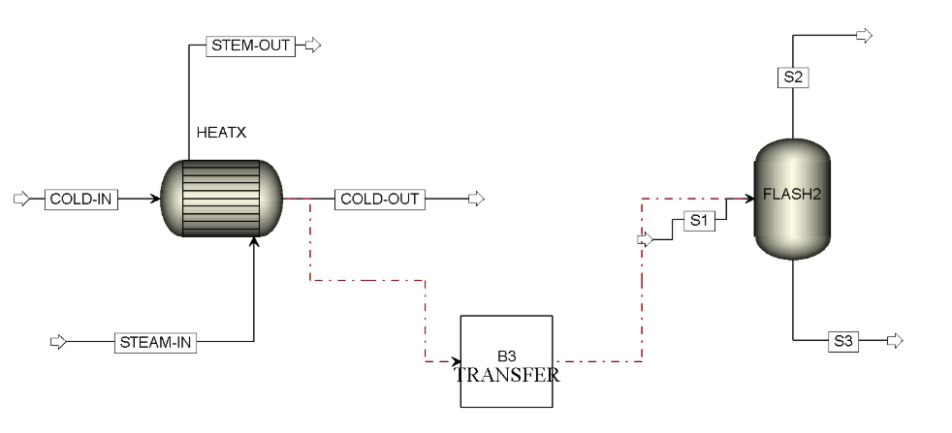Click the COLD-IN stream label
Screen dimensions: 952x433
(x=81, y=199)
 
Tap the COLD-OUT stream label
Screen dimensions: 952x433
(x=380, y=199)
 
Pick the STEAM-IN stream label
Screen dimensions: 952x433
(x=155, y=343)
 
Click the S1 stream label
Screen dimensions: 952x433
(x=699, y=222)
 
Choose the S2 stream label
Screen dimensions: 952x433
(x=793, y=77)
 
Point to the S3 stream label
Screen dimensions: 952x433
(x=843, y=342)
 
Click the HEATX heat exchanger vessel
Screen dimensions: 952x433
(x=222, y=199)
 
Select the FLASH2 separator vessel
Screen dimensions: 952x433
(x=792, y=199)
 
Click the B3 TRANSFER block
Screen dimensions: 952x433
(x=506, y=361)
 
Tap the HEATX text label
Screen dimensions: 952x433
(x=222, y=133)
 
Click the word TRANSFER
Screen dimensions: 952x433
(x=507, y=375)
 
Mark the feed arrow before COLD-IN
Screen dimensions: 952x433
(x=21, y=199)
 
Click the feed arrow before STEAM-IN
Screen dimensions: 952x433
(x=57, y=342)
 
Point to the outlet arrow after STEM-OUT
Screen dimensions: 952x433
(x=313, y=45)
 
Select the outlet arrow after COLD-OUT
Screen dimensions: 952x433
(x=477, y=199)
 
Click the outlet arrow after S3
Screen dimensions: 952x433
(x=895, y=341)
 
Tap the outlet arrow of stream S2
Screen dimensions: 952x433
(x=864, y=35)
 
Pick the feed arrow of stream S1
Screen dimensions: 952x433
(x=646, y=240)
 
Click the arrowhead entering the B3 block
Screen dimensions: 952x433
(x=458, y=361)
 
